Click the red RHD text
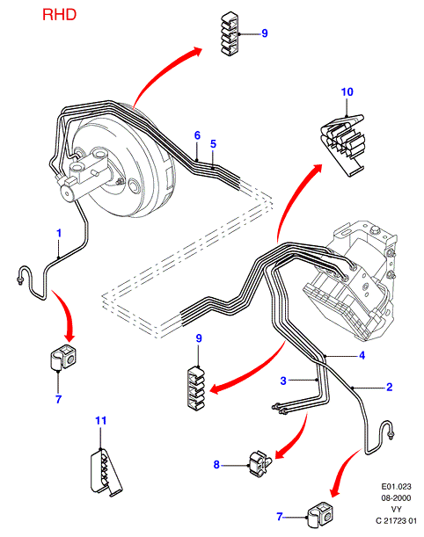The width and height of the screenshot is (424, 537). pos(59,15)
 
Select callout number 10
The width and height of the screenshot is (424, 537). pos(347,91)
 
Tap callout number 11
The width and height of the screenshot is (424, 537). pos(100,420)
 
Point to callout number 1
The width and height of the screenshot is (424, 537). pos(59,233)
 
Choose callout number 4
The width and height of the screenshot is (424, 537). pos(362,355)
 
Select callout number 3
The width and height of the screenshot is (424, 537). pos(283,381)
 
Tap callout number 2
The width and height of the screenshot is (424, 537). pos(389,387)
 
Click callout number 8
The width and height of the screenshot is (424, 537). pos(216,464)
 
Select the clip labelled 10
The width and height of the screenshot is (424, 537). pos(343,145)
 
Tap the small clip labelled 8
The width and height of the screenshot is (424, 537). pos(260,463)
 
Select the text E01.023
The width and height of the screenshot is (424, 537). pos(396,486)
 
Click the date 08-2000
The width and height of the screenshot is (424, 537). pos(396,498)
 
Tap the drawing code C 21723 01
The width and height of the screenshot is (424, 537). pos(396,521)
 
